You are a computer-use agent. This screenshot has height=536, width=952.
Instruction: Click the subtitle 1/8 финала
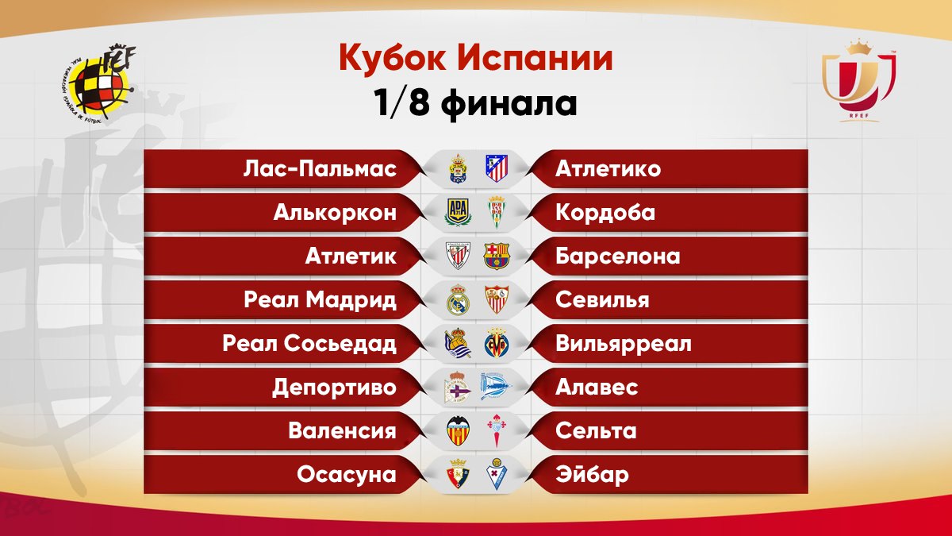[x=475, y=104]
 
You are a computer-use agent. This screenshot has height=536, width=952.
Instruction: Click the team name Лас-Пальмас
[x=320, y=169]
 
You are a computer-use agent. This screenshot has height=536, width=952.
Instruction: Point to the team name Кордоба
[x=605, y=213]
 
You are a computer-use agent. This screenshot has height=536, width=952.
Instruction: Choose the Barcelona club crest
[x=497, y=256]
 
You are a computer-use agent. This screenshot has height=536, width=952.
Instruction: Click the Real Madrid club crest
[x=457, y=300]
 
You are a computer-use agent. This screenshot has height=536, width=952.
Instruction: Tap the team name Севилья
[x=602, y=300]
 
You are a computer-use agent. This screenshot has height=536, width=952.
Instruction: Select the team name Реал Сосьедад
[x=309, y=344]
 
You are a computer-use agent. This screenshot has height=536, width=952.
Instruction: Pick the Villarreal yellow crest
[x=497, y=343]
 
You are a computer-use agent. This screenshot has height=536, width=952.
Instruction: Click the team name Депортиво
[x=335, y=388]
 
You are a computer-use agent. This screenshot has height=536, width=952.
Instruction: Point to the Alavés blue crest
[x=496, y=387]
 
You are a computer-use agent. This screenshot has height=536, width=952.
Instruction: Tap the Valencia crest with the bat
[x=458, y=430]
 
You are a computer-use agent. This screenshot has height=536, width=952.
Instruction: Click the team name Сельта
[x=596, y=431]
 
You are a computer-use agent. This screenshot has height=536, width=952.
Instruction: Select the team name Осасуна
[x=347, y=475]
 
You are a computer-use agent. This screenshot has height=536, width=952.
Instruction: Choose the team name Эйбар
[x=592, y=475]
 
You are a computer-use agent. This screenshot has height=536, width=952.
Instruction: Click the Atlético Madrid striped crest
[x=497, y=168]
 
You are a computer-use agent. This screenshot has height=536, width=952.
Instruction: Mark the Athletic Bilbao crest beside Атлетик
[x=458, y=256]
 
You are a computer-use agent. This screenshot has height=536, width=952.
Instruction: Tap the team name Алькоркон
[x=335, y=213]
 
